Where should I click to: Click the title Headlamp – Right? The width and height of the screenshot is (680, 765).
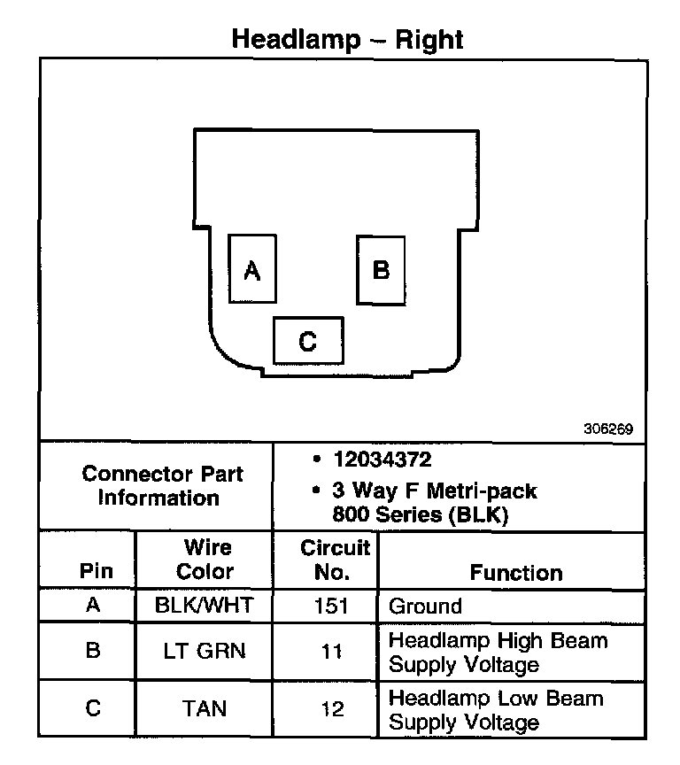coord(347,39)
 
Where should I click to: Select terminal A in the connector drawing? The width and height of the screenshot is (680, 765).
coord(252,270)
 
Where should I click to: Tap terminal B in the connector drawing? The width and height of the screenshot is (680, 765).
coord(381,269)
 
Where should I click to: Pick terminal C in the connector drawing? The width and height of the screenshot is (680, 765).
coord(307,341)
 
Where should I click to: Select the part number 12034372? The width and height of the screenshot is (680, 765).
coord(382,460)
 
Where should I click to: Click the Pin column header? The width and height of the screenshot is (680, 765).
coord(97,571)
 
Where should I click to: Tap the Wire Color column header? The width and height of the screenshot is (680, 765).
coord(205,560)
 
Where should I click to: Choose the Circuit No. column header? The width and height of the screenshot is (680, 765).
coord(334,560)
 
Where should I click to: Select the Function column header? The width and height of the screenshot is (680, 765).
coord(516,572)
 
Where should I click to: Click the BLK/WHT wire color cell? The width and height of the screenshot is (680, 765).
coord(205,607)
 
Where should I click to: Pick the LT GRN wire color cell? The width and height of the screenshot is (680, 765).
coord(205,652)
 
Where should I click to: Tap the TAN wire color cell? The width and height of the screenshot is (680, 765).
coord(205,708)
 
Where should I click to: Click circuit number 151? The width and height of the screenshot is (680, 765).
coord(332,607)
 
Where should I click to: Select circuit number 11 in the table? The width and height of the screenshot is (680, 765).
coord(332,652)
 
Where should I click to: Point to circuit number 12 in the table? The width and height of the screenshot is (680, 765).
coord(332,708)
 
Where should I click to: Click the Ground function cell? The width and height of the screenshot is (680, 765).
coord(426,607)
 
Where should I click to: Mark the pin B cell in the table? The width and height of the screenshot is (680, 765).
coord(93,652)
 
